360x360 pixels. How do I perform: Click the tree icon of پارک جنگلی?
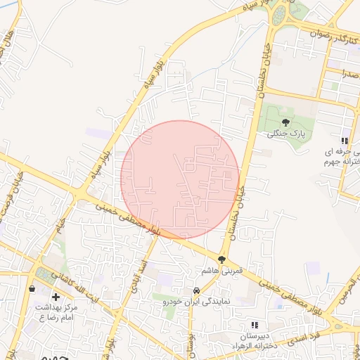point(284,122)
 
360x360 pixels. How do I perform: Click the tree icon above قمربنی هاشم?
point(221,260)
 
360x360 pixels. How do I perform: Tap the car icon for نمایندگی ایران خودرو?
point(195,291)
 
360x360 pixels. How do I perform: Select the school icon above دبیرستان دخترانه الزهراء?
point(254,325)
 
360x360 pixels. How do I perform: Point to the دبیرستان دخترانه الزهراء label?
point(253,340)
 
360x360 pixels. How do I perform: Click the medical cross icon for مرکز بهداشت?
point(56,297)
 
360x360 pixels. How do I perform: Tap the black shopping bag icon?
point(32,288)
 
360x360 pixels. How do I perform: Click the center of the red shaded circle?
point(180,179)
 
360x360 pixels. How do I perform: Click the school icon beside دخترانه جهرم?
point(345,141)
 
